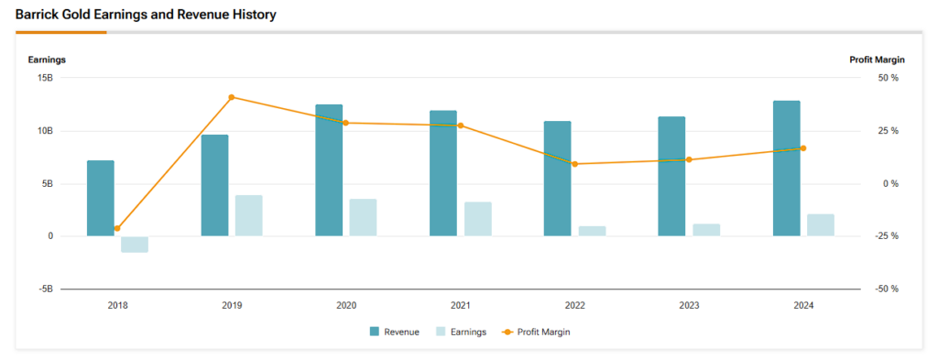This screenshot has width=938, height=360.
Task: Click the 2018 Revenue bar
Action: click(101, 198)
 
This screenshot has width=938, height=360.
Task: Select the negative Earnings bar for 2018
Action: click(135, 244)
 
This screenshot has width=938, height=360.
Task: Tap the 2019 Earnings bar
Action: click(248, 215)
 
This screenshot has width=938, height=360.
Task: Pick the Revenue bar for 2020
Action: click(329, 170)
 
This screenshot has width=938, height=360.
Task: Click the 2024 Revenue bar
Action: click(786, 169)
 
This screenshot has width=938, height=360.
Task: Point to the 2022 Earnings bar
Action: click(592, 231)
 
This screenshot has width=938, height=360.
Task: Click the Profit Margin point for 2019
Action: click(232, 97)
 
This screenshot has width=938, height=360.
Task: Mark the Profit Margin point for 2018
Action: click(117, 228)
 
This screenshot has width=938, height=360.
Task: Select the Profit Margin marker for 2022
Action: click(574, 164)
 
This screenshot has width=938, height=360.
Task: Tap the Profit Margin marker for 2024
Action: click(803, 148)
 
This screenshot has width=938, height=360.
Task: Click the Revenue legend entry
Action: click(395, 332)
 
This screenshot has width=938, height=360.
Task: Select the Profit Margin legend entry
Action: click(540, 332)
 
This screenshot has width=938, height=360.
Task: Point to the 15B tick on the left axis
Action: click(46, 78)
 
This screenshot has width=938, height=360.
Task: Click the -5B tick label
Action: click(46, 289)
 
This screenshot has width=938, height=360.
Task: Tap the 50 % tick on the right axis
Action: click(889, 78)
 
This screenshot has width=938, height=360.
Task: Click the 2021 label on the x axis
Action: click(461, 306)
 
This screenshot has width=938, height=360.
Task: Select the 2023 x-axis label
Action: click(689, 306)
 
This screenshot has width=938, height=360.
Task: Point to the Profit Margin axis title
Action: click(878, 60)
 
